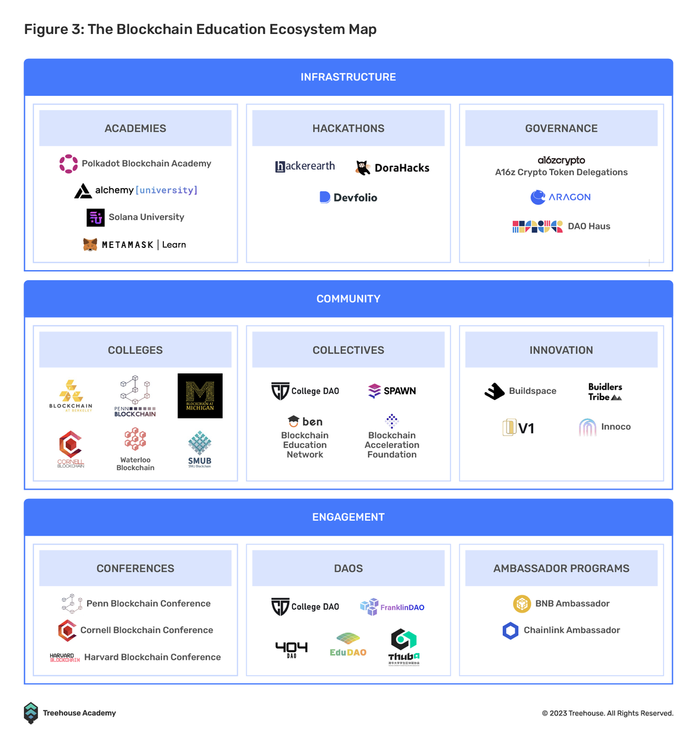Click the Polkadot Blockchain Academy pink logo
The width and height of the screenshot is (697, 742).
[x=68, y=164]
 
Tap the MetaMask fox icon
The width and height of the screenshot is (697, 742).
[x=90, y=245]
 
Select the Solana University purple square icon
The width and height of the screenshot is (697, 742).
[x=95, y=217]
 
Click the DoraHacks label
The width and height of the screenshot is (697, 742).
[x=402, y=168]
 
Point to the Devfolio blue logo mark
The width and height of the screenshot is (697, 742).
[x=325, y=197]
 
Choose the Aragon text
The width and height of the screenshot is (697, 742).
[x=570, y=197]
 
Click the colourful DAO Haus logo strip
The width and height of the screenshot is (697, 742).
[x=537, y=226]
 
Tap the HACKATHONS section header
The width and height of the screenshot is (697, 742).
[x=348, y=128]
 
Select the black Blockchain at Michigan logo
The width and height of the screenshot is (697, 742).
[x=200, y=396]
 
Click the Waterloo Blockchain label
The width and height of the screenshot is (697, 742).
[x=135, y=464]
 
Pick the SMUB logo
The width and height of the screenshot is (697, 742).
[x=200, y=449]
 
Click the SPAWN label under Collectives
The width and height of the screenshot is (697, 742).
[x=400, y=391]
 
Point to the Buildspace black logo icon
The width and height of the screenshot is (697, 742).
[x=495, y=391]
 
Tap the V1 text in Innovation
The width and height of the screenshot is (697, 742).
[x=526, y=428]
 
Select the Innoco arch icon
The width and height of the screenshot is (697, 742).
[x=588, y=427]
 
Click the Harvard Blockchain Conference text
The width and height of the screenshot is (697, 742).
[x=152, y=657]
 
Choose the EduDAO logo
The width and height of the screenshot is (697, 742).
[x=348, y=644]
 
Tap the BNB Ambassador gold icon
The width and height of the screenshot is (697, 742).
[x=522, y=603]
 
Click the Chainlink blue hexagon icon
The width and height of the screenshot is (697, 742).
[x=510, y=631]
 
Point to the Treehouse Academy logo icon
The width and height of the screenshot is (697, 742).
[x=31, y=713]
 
